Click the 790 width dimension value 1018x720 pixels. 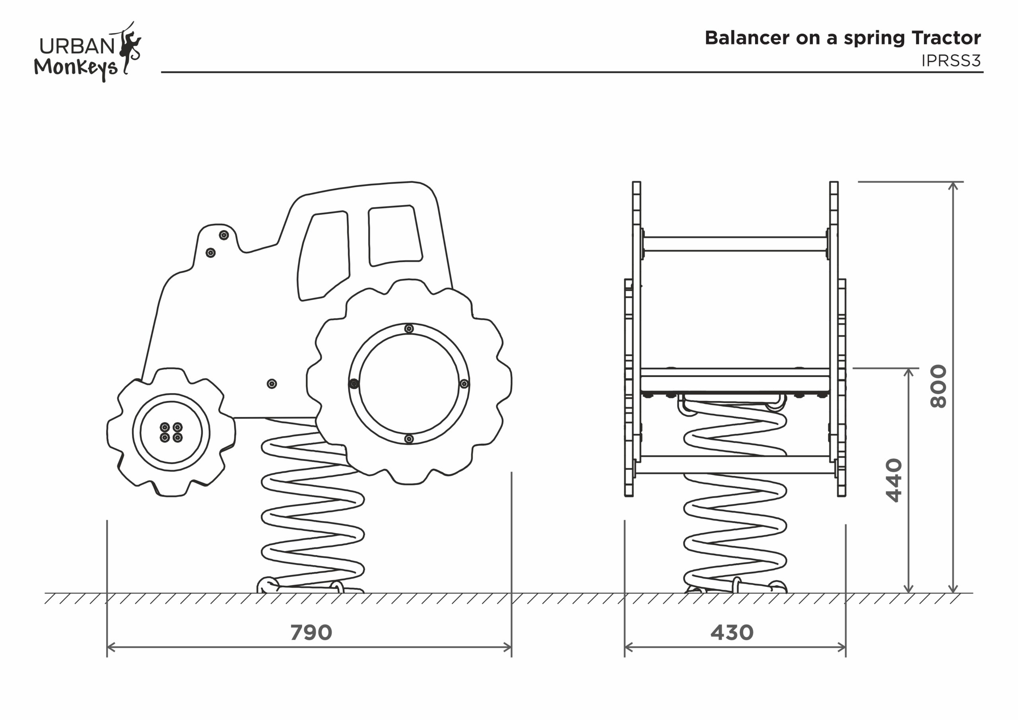point(311,632)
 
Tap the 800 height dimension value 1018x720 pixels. point(938,386)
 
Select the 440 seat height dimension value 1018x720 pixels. point(894,480)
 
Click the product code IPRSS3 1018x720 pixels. point(951,61)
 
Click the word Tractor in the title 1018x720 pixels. point(946,38)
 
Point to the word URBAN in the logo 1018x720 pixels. point(77,46)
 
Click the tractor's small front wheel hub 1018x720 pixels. point(171,432)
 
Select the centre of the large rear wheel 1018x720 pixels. point(409,384)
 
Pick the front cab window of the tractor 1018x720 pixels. point(324,255)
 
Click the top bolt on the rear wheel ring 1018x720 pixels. point(409,328)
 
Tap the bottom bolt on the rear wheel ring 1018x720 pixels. point(409,439)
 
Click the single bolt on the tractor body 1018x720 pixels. point(272,384)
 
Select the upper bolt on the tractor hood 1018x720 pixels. point(224,235)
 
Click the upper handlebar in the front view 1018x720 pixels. point(735,244)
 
